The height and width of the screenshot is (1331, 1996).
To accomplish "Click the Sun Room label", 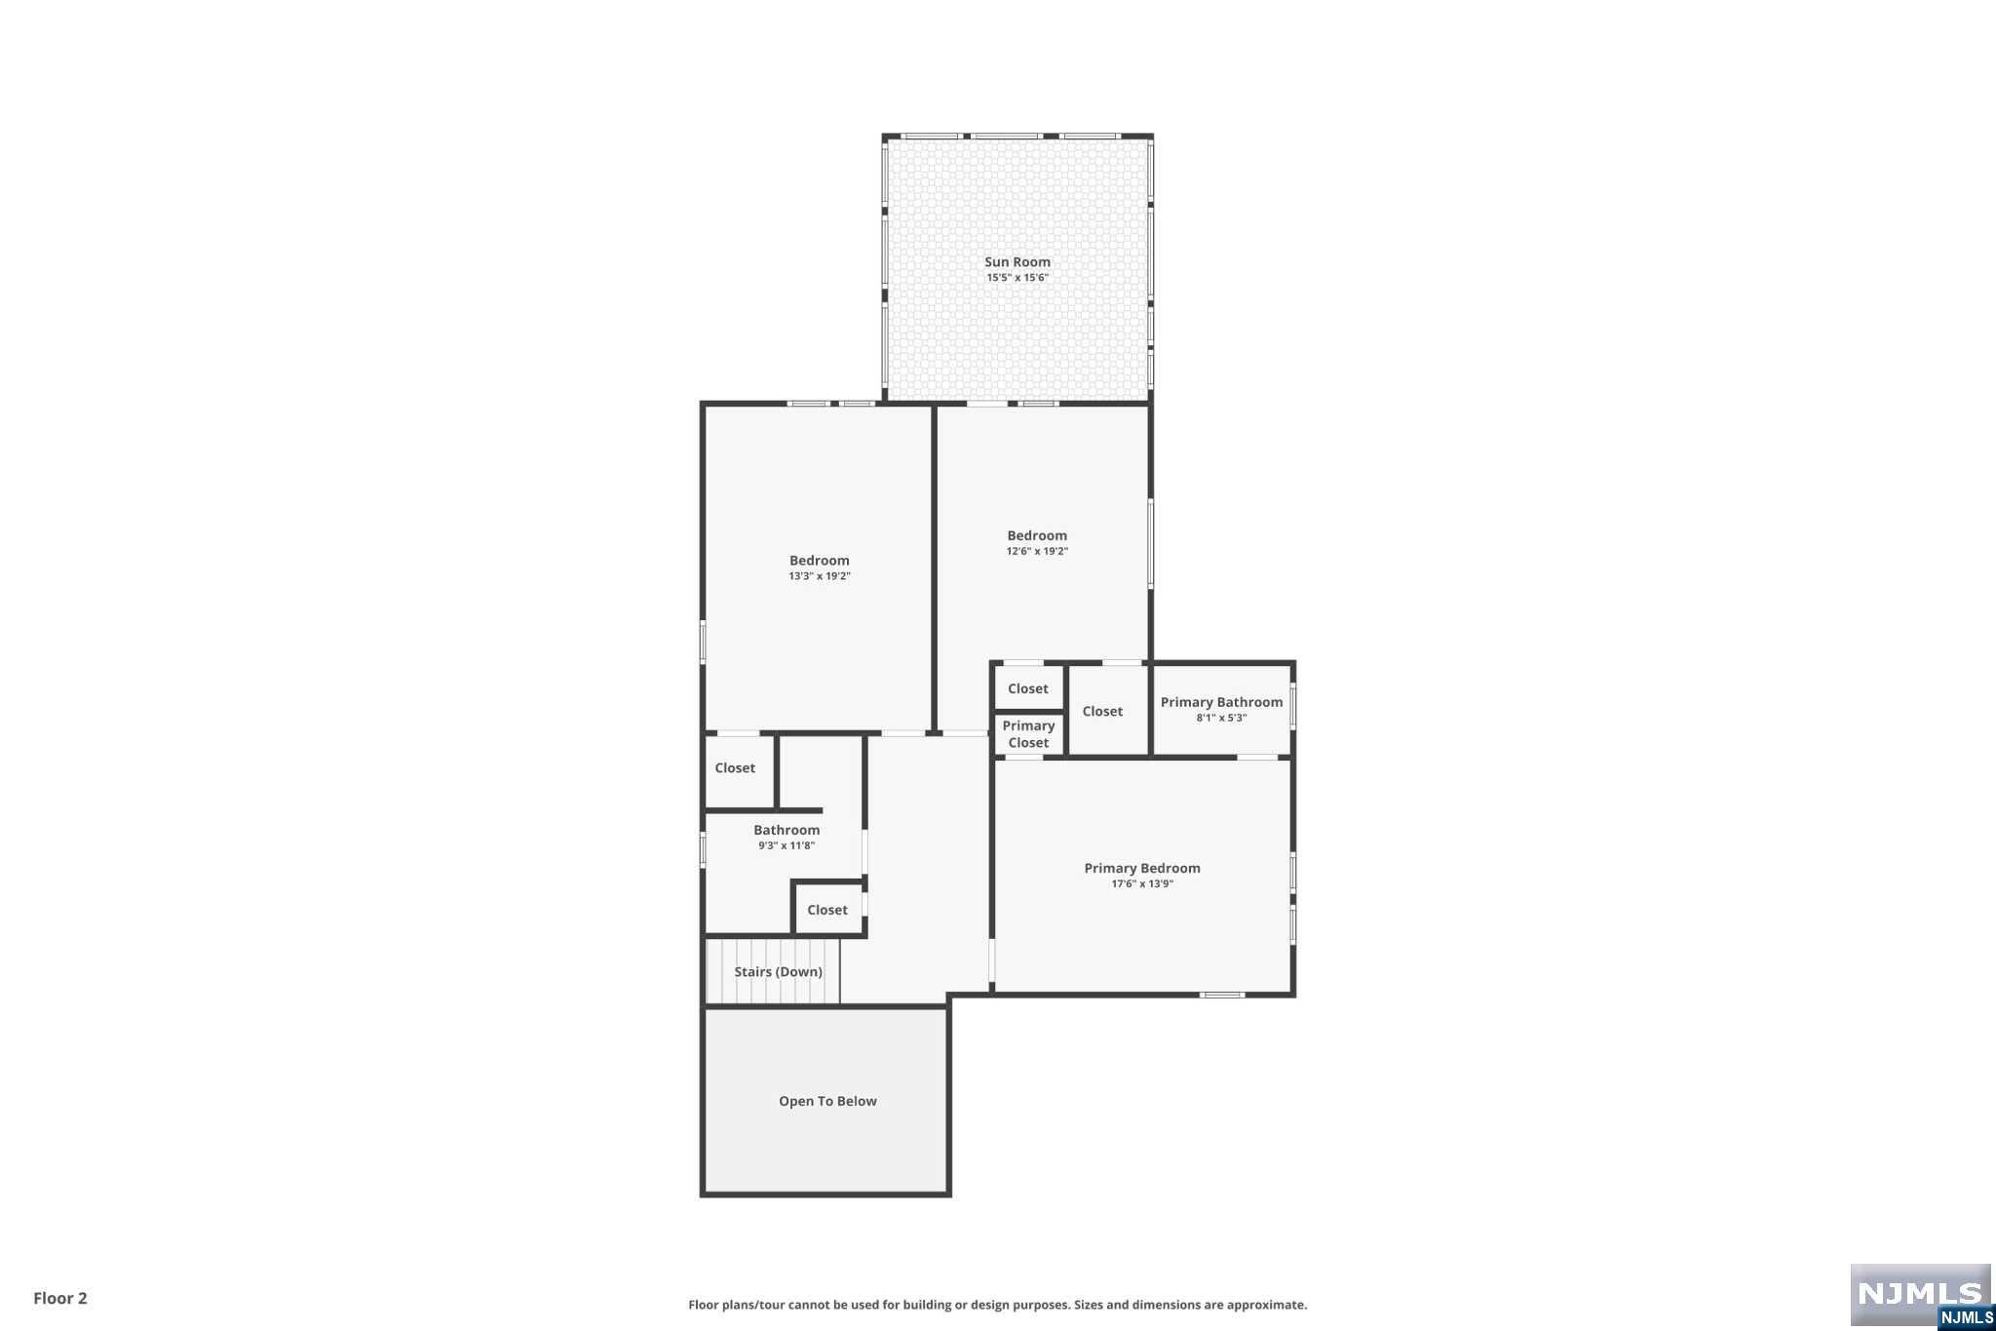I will pos(1017,261).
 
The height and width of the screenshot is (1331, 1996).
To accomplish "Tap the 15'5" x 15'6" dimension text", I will pos(1017,278).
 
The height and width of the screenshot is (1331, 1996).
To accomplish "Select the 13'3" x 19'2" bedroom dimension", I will pos(820,576).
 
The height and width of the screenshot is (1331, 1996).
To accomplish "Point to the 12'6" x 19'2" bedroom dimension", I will pos(1037,551).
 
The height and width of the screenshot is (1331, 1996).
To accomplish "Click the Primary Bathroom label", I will pos(1221,702).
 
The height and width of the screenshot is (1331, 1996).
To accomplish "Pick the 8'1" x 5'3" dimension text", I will pos(1221,718).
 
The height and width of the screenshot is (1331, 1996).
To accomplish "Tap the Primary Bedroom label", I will pos(1142,868).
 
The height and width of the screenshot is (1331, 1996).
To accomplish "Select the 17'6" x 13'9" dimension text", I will pos(1142,884).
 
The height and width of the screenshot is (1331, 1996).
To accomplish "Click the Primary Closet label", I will pos(1028,734).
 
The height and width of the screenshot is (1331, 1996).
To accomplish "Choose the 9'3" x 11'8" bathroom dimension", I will pos(787,845).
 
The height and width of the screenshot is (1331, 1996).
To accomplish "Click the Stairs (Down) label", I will pos(778,971).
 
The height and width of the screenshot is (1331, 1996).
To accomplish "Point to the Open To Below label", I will pos(827,1101).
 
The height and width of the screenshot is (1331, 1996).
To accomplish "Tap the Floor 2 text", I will pos(60,1298).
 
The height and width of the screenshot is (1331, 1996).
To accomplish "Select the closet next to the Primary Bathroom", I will pos(1102,711).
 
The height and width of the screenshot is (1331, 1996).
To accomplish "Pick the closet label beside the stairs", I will pos(827,910).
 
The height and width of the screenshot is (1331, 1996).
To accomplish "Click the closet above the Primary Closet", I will pos(1028,688).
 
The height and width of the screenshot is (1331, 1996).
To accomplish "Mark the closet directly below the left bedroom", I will pos(735,767).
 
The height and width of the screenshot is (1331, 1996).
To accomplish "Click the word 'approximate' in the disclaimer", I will pos(1266,1305).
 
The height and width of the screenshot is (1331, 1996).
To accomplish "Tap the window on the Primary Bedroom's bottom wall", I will pos(1221,995).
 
